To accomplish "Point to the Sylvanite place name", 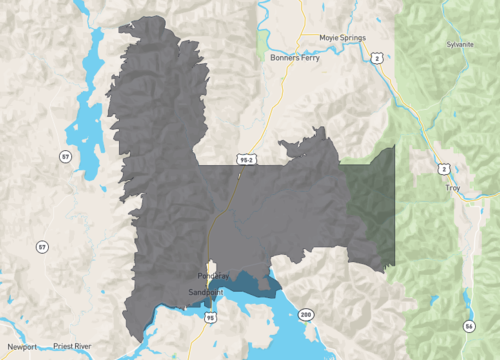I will (x=461, y=45).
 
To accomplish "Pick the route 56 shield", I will (x=469, y=326).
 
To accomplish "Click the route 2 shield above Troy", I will (x=444, y=168).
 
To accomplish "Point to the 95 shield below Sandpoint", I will (x=209, y=318).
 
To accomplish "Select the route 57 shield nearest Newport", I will (x=41, y=246).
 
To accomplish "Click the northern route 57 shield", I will (x=65, y=157).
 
